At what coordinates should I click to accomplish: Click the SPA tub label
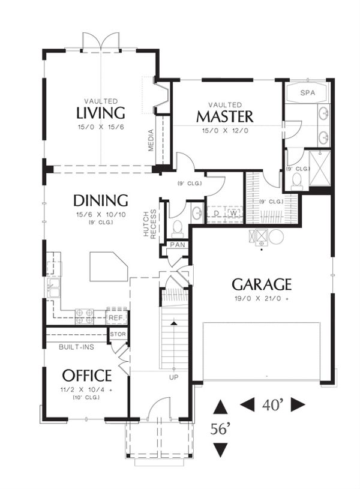(x=308, y=92)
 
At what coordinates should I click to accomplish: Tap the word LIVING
(x=101, y=113)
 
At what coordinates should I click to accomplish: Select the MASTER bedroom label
(x=225, y=116)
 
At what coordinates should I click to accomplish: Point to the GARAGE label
(x=262, y=284)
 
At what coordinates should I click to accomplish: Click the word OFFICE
(x=87, y=376)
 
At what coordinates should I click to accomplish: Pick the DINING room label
(x=101, y=200)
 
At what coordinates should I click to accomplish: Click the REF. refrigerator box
(x=116, y=317)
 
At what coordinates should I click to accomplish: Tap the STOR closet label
(x=118, y=334)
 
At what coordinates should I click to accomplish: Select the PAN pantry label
(x=178, y=245)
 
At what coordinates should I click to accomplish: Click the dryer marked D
(x=216, y=214)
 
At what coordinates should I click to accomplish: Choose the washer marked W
(x=233, y=214)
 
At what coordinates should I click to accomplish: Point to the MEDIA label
(x=151, y=140)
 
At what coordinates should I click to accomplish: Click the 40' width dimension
(x=272, y=405)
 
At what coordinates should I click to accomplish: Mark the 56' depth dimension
(x=220, y=429)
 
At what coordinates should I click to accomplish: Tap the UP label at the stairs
(x=174, y=377)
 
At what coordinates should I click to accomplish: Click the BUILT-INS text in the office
(x=76, y=347)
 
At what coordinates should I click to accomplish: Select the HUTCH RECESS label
(x=150, y=224)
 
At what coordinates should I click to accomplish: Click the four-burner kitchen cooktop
(x=85, y=316)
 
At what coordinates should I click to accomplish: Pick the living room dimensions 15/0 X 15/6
(x=101, y=127)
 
